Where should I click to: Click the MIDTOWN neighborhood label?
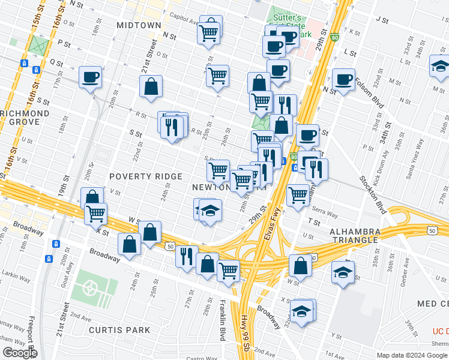139,25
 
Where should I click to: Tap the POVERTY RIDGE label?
145,176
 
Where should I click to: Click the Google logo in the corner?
20,353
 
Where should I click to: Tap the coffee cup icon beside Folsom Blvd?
343,79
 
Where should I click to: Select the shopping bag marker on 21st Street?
151,86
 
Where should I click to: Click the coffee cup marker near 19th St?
90,77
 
